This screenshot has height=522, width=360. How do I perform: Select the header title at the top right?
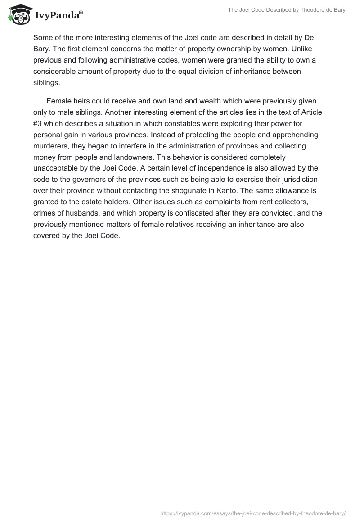pyautogui.click(x=286, y=10)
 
